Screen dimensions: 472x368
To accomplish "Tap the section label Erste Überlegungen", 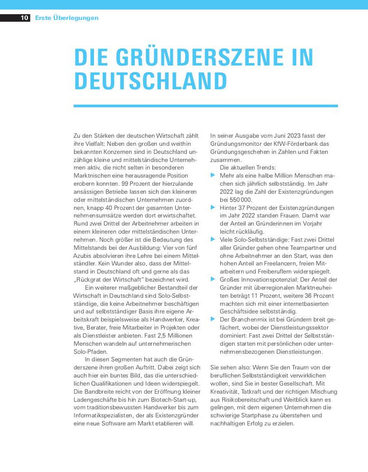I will click(x=66, y=18).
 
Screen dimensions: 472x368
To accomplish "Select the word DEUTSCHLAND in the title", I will click(x=150, y=81).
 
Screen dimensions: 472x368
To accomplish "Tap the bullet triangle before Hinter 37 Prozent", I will click(x=213, y=208).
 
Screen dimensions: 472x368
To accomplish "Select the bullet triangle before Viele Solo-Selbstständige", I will click(x=213, y=239).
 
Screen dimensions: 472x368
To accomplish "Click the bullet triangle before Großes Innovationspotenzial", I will click(x=213, y=279).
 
